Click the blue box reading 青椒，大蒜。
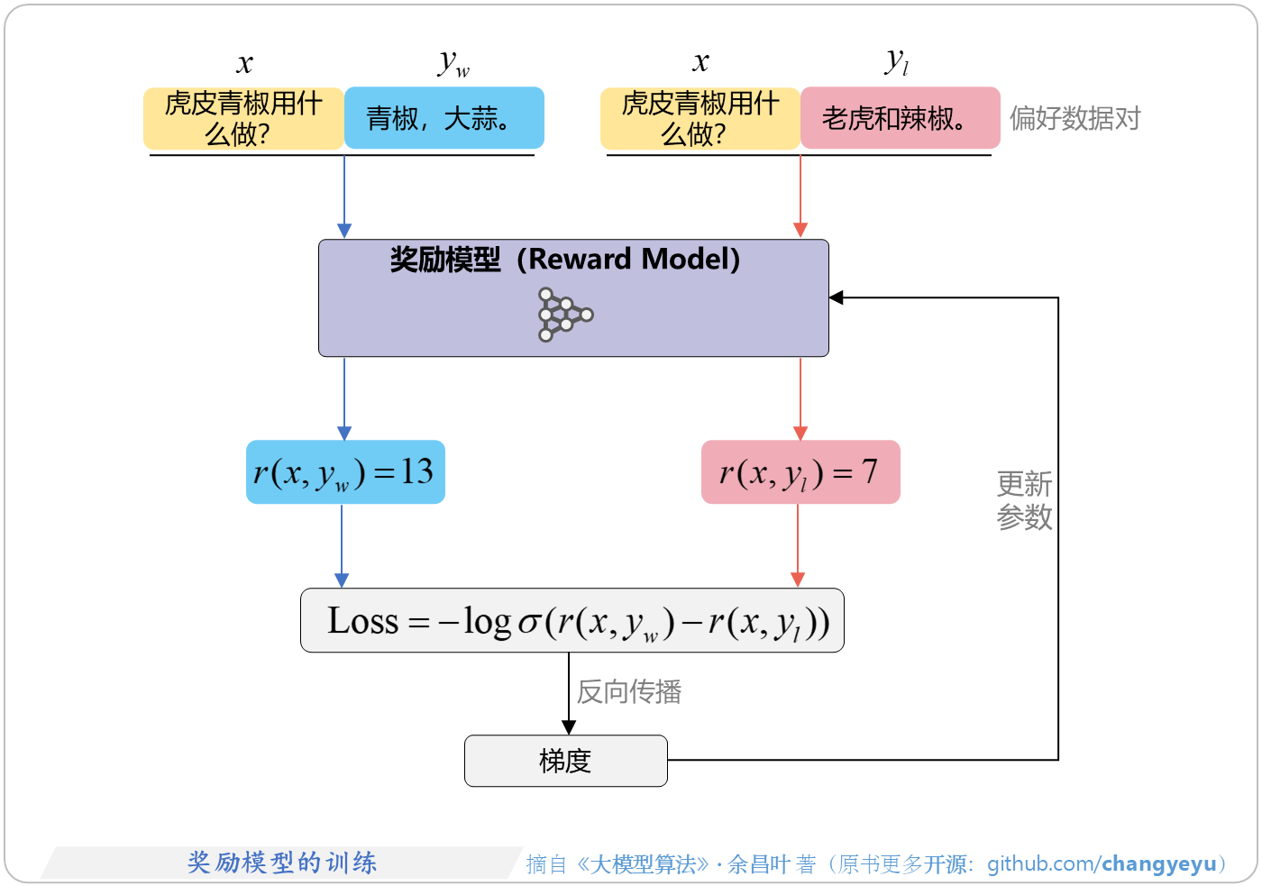[x=444, y=118]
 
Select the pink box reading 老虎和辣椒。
[x=900, y=118]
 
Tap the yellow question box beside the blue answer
[x=243, y=118]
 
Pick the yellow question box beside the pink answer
[x=700, y=118]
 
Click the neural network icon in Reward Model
[x=565, y=315]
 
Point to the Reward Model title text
[x=565, y=260]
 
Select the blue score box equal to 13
[x=345, y=472]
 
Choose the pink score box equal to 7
[x=800, y=472]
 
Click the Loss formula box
[x=572, y=621]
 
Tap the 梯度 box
[x=565, y=761]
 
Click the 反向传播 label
[x=629, y=691]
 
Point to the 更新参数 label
[x=1024, y=500]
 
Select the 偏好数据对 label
[x=1075, y=118]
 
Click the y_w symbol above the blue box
[x=453, y=62]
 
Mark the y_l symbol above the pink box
[x=896, y=61]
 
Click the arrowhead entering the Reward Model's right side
[x=837, y=297]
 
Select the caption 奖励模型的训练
[x=282, y=863]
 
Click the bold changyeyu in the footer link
[x=1158, y=863]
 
